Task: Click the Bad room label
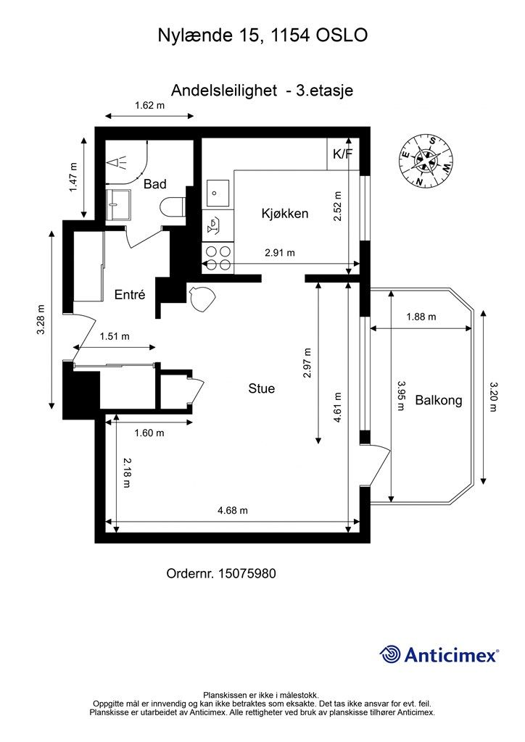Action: [x=154, y=183]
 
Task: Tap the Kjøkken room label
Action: [x=284, y=214]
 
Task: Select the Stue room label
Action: [x=261, y=388]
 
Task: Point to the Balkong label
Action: [x=439, y=400]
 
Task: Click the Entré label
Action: [x=130, y=295]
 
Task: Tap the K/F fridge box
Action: [x=343, y=154]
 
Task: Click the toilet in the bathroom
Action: [x=172, y=207]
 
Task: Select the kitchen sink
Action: [x=218, y=193]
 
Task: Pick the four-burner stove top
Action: [x=218, y=258]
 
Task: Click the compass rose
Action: [x=426, y=161]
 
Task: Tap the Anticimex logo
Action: [x=439, y=655]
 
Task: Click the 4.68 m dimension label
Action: [x=233, y=511]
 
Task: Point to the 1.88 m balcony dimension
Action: [x=421, y=317]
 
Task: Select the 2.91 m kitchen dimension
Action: [x=280, y=253]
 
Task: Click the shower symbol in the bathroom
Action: [x=117, y=163]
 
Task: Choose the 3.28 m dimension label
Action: [x=41, y=320]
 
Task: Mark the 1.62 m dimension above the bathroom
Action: [x=149, y=106]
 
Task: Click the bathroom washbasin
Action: [x=118, y=205]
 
